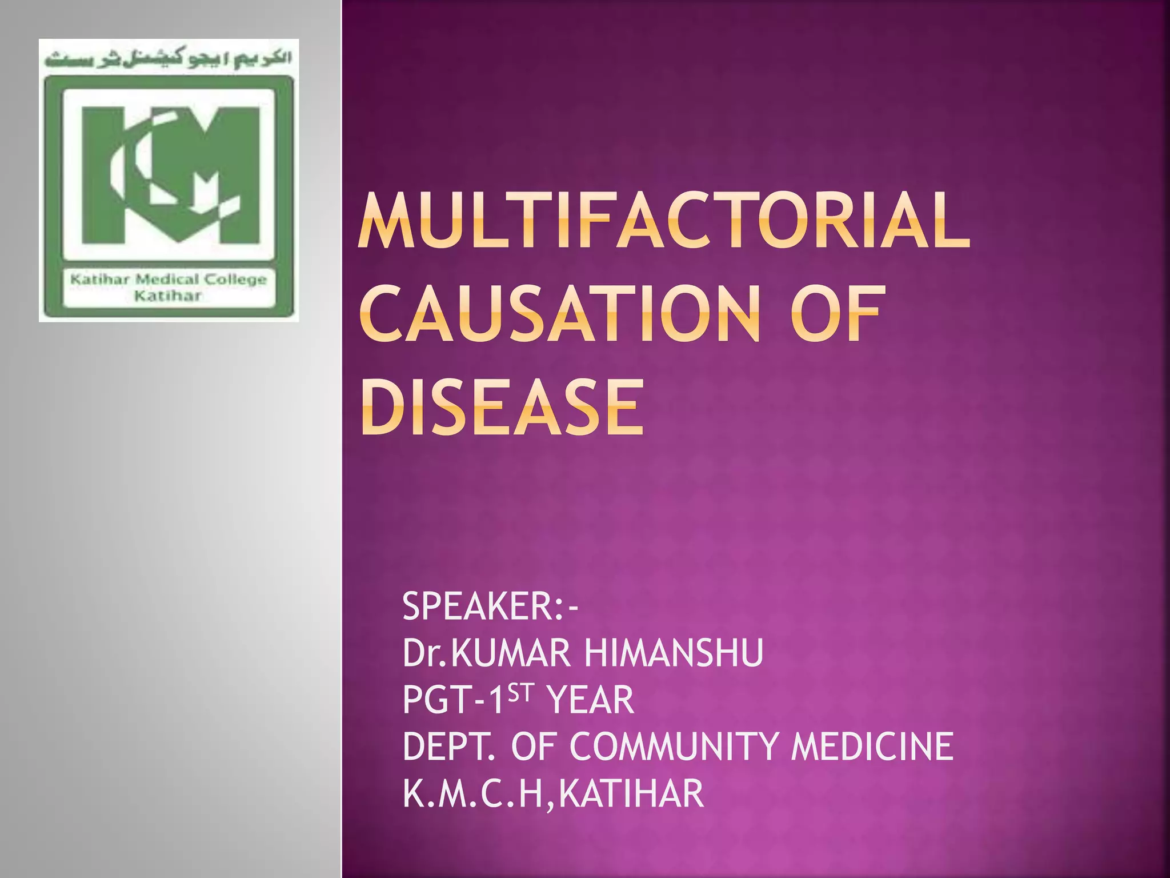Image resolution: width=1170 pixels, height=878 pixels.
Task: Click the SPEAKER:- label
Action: [490, 606]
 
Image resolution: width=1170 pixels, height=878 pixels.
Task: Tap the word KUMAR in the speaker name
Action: [511, 653]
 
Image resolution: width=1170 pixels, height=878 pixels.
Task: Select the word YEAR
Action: [590, 700]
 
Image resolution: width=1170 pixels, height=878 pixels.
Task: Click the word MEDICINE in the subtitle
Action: [872, 747]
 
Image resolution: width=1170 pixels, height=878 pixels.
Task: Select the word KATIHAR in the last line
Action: [631, 793]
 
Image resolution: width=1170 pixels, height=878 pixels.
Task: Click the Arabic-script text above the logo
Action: [169, 59]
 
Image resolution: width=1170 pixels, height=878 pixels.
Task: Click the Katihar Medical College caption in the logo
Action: [169, 280]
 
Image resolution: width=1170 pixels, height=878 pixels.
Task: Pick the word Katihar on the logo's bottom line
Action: [168, 296]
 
